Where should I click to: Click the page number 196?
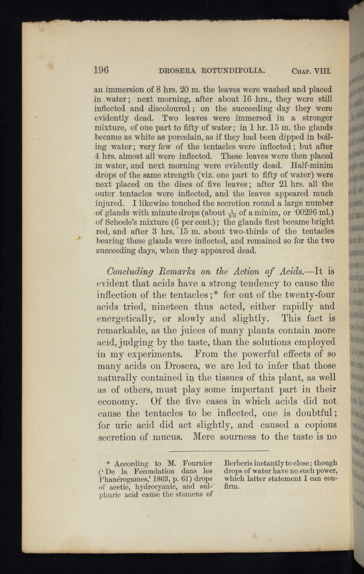point(101,70)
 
